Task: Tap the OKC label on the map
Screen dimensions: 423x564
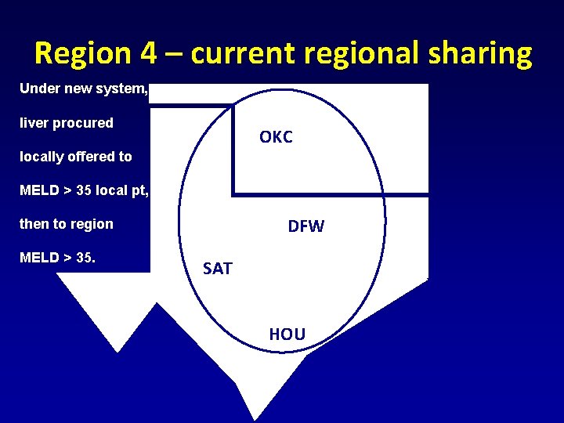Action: click(276, 137)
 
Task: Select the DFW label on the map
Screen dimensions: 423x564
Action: click(305, 227)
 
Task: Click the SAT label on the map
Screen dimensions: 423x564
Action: click(217, 269)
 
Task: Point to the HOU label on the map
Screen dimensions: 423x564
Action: click(287, 334)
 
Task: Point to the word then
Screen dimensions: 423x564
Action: click(33, 224)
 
